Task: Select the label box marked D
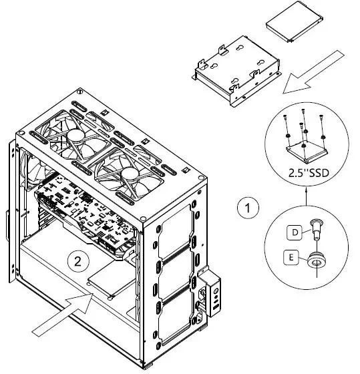[x=293, y=232]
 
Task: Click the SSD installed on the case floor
[x=110, y=280]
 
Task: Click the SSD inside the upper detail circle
[x=304, y=148]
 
